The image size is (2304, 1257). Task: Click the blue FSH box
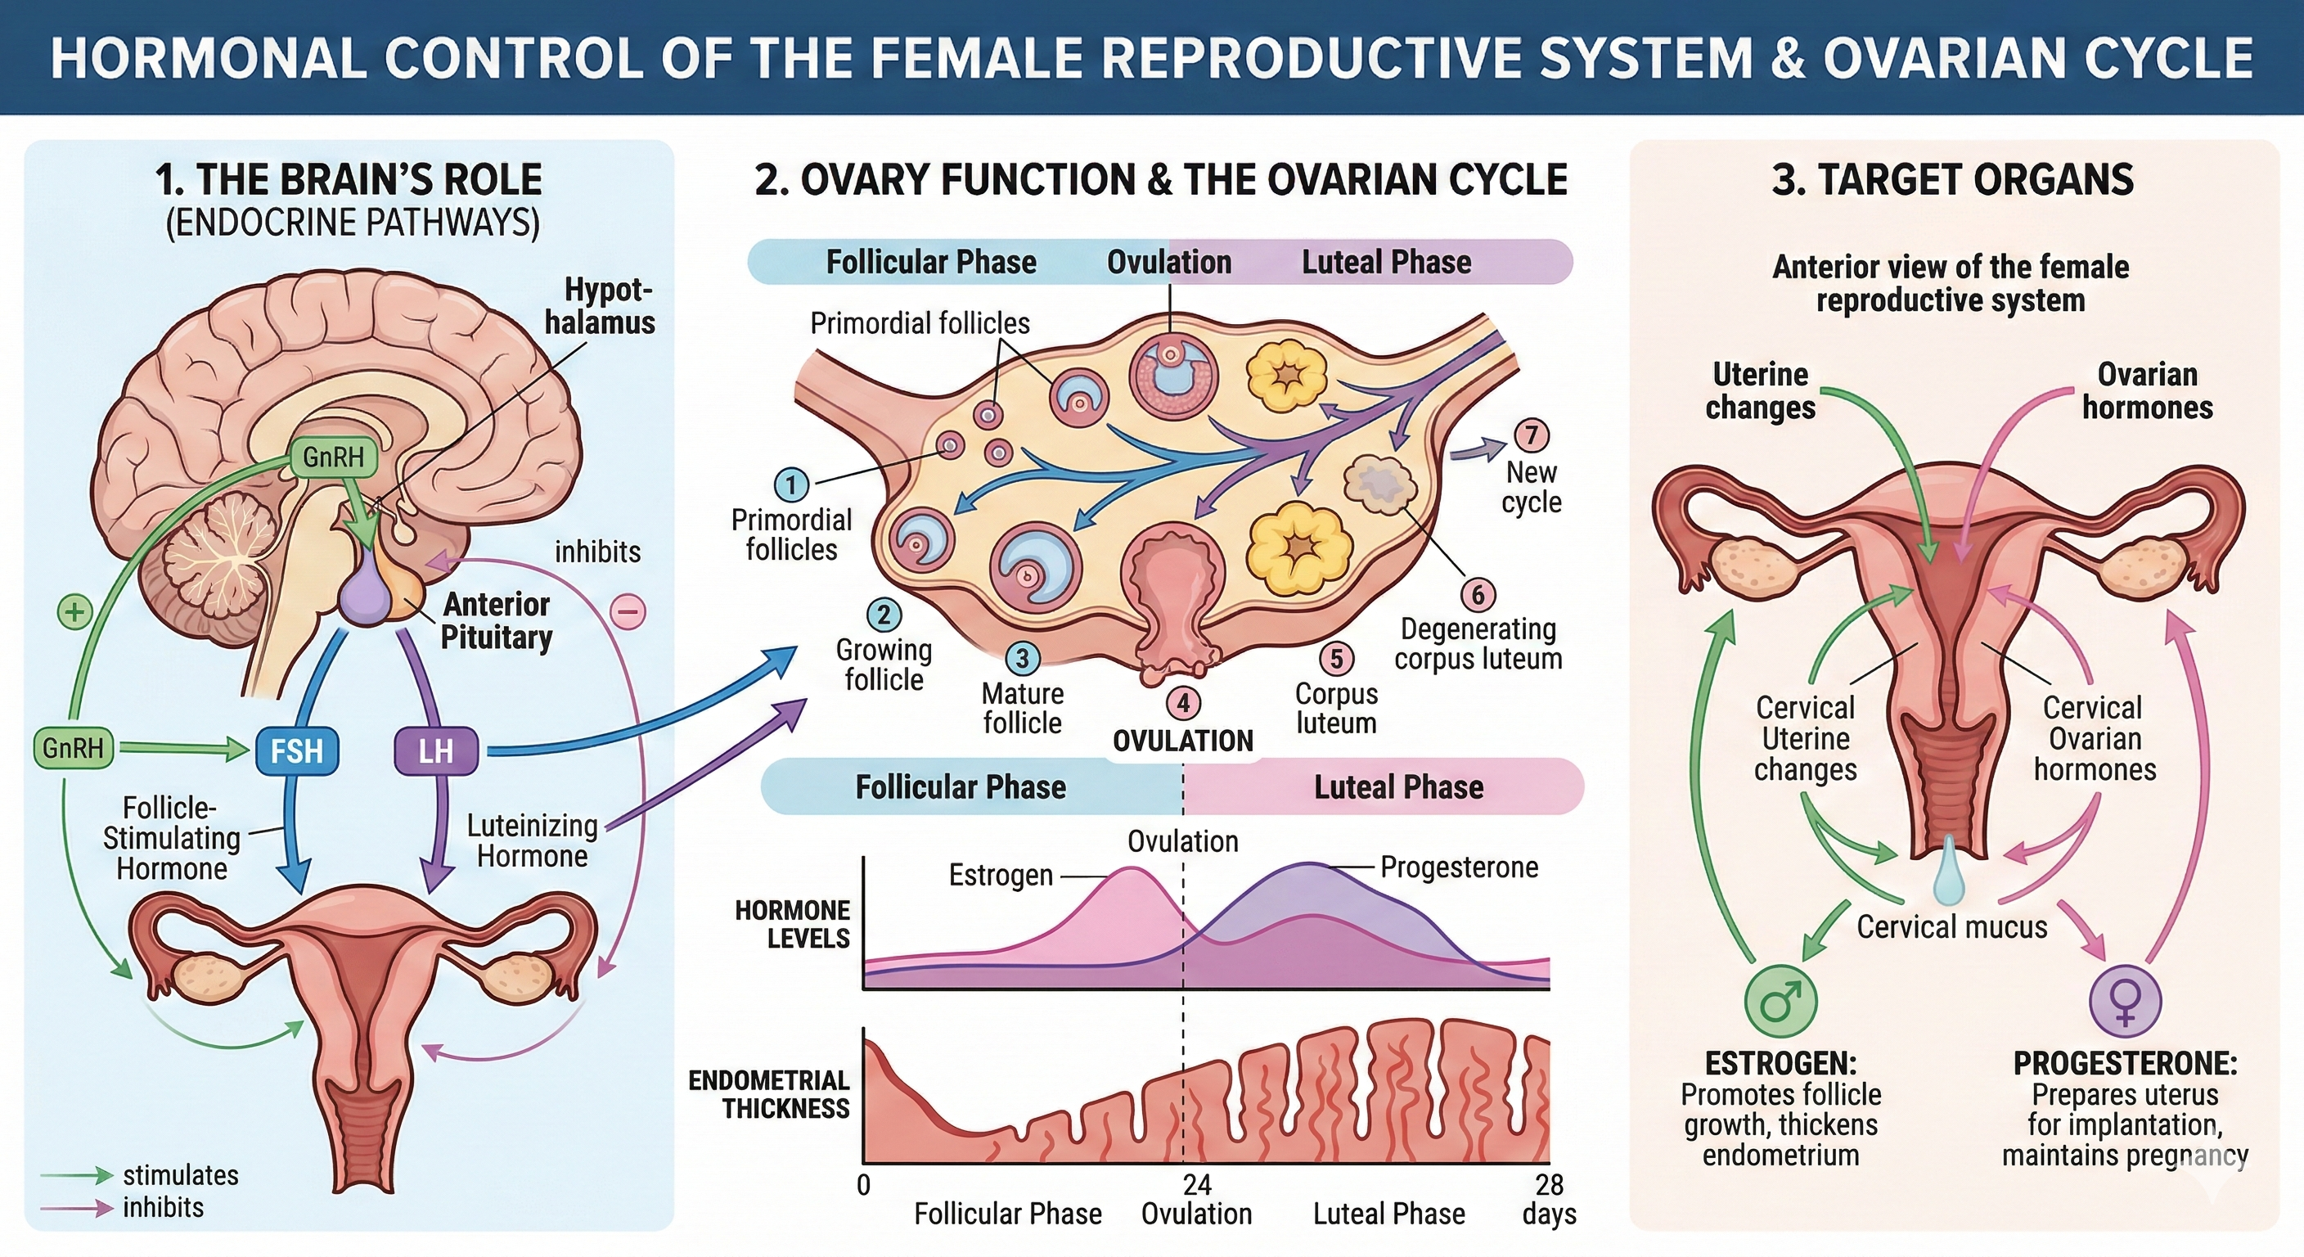click(x=297, y=750)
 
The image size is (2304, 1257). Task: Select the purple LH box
click(x=435, y=750)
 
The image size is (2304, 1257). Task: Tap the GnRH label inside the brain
click(x=334, y=457)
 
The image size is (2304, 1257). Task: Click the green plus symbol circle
click(x=75, y=612)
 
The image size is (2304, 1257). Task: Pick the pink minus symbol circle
click(x=628, y=612)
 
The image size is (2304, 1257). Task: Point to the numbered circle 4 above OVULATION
click(x=1182, y=703)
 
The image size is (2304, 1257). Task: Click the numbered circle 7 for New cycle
click(x=1532, y=435)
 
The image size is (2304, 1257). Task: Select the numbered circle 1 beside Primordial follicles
click(x=790, y=485)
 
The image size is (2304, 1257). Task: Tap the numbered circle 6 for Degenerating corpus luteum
click(x=1478, y=594)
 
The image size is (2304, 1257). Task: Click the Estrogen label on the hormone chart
click(x=1001, y=875)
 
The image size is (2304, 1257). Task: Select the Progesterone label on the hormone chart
click(x=1459, y=867)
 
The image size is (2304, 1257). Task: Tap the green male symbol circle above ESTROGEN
click(x=1780, y=999)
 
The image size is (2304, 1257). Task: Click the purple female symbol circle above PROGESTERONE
click(x=2125, y=999)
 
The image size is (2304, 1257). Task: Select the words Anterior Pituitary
click(x=497, y=621)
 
